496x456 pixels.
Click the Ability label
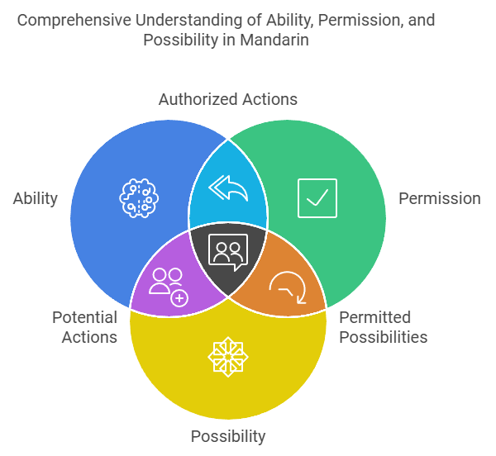pos(36,198)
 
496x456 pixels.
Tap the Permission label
pos(439,198)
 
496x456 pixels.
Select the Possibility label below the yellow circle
pos(227,436)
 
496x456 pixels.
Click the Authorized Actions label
pos(227,100)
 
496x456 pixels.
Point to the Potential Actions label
pos(84,327)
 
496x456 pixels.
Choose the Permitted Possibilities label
pos(383,327)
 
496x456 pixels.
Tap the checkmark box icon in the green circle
pos(317,198)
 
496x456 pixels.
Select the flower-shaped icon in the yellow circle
pos(227,357)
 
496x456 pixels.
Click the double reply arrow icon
pos(228,188)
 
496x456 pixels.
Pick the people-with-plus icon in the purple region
pos(167,286)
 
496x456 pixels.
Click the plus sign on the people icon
pos(178,297)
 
